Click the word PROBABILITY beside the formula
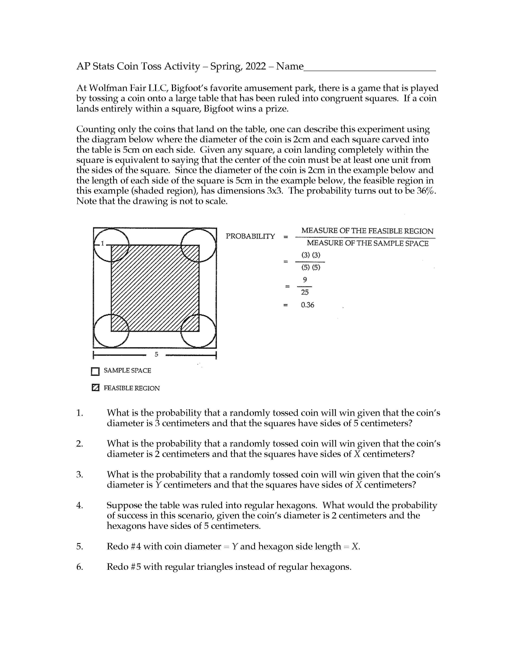pyautogui.click(x=250, y=236)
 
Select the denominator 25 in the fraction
pyautogui.click(x=305, y=292)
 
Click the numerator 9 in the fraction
pyautogui.click(x=305, y=280)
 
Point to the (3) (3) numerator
pyautogui.click(x=311, y=255)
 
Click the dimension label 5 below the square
pyautogui.click(x=156, y=355)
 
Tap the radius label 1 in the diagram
pyautogui.click(x=103, y=244)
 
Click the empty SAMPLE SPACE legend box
pyautogui.click(x=95, y=371)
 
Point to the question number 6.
pyautogui.click(x=80, y=567)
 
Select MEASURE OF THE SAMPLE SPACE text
pyautogui.click(x=367, y=243)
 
